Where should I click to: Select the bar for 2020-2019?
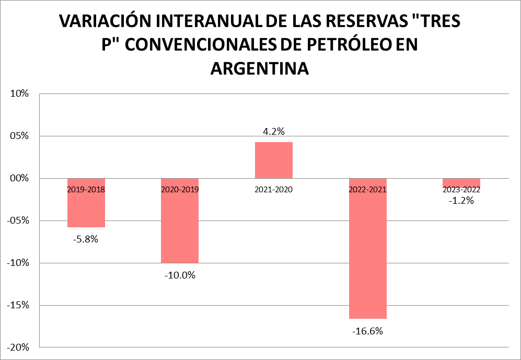pyautogui.click(x=180, y=225)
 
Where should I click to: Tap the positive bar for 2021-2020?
pyautogui.click(x=274, y=160)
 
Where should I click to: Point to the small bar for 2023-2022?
pyautogui.click(x=461, y=182)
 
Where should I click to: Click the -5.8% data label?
pyautogui.click(x=86, y=240)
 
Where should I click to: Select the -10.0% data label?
pyautogui.click(x=180, y=275)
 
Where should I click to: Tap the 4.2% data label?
pyautogui.click(x=274, y=132)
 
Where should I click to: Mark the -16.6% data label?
pyautogui.click(x=368, y=331)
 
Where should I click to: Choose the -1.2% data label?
pyautogui.click(x=461, y=201)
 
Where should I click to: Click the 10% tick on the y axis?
pyautogui.click(x=19, y=94)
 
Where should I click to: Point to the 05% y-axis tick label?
pyautogui.click(x=19, y=136)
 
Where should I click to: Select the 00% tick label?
pyautogui.click(x=19, y=178)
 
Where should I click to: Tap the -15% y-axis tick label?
pyautogui.click(x=17, y=305)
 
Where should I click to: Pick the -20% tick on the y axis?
pyautogui.click(x=17, y=347)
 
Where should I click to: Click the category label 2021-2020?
pyautogui.click(x=274, y=190)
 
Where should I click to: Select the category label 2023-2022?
pyautogui.click(x=461, y=190)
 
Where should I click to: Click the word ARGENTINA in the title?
pyautogui.click(x=260, y=68)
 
